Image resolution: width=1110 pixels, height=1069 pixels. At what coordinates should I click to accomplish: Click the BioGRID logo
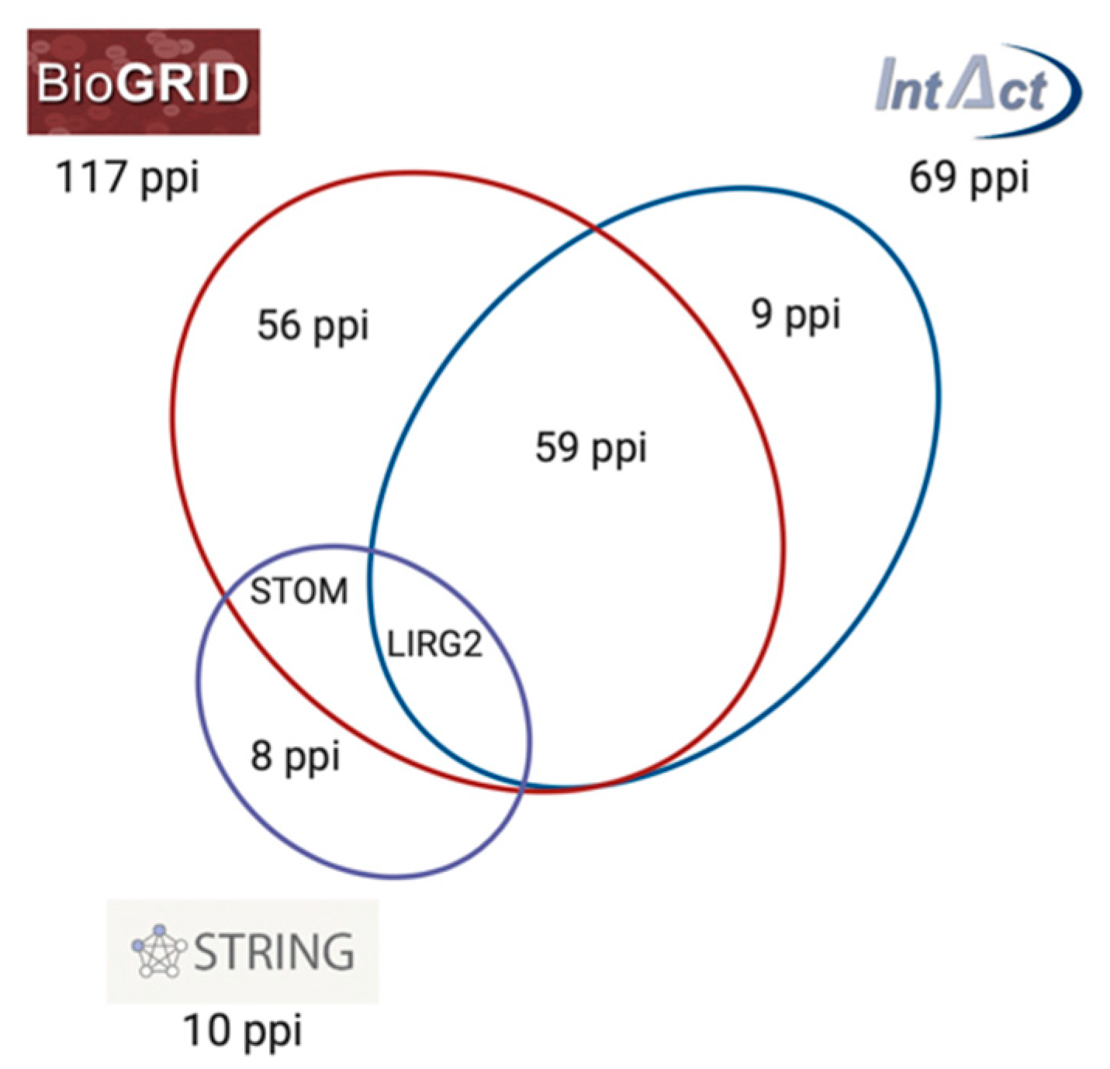coord(144,81)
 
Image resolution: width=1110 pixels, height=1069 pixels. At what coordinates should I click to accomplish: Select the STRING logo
coord(242,951)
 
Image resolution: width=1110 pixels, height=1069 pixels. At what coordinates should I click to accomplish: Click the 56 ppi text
coord(313,326)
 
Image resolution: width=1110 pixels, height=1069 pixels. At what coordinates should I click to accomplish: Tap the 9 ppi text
coord(796,316)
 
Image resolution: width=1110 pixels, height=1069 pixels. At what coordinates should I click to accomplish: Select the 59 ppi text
coord(591,448)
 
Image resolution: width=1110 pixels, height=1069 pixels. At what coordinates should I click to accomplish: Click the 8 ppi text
coord(295,757)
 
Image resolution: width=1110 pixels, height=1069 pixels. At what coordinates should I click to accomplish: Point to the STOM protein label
coord(299,592)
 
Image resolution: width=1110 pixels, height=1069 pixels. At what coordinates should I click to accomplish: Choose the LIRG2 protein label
coord(434,644)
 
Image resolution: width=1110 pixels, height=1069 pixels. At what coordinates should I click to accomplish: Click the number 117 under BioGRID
coord(92,177)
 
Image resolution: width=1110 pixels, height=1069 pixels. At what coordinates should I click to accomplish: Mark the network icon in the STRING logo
coord(159,951)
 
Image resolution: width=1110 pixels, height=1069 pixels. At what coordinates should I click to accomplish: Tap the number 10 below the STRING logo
coord(207,1030)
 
